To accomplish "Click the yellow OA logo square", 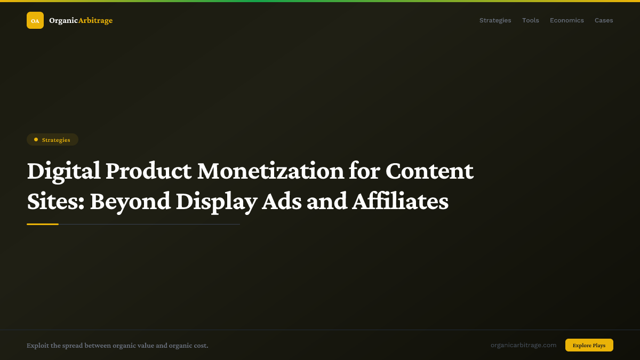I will [35, 20].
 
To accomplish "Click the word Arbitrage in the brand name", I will [95, 20].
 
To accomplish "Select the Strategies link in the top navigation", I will [495, 20].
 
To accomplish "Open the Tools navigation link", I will [530, 20].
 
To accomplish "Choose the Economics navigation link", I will [566, 20].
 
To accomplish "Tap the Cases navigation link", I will [604, 20].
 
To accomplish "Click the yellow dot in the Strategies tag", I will [36, 140].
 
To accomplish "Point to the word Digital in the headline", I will [63, 171].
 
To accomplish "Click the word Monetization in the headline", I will [270, 171].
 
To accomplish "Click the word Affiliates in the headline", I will [400, 202].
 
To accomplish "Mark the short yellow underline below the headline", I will [43, 224].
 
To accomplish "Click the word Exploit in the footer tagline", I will [37, 346].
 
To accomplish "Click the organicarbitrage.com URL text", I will [523, 345].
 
